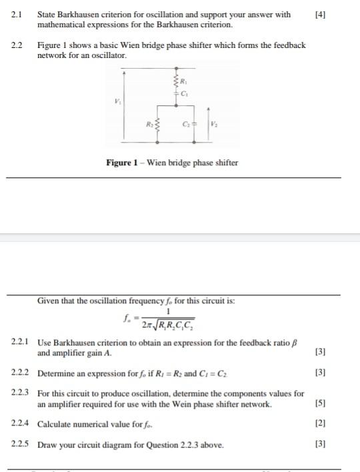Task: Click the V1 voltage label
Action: (x=118, y=102)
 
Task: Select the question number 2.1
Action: (x=17, y=14)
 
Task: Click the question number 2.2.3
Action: (x=20, y=394)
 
